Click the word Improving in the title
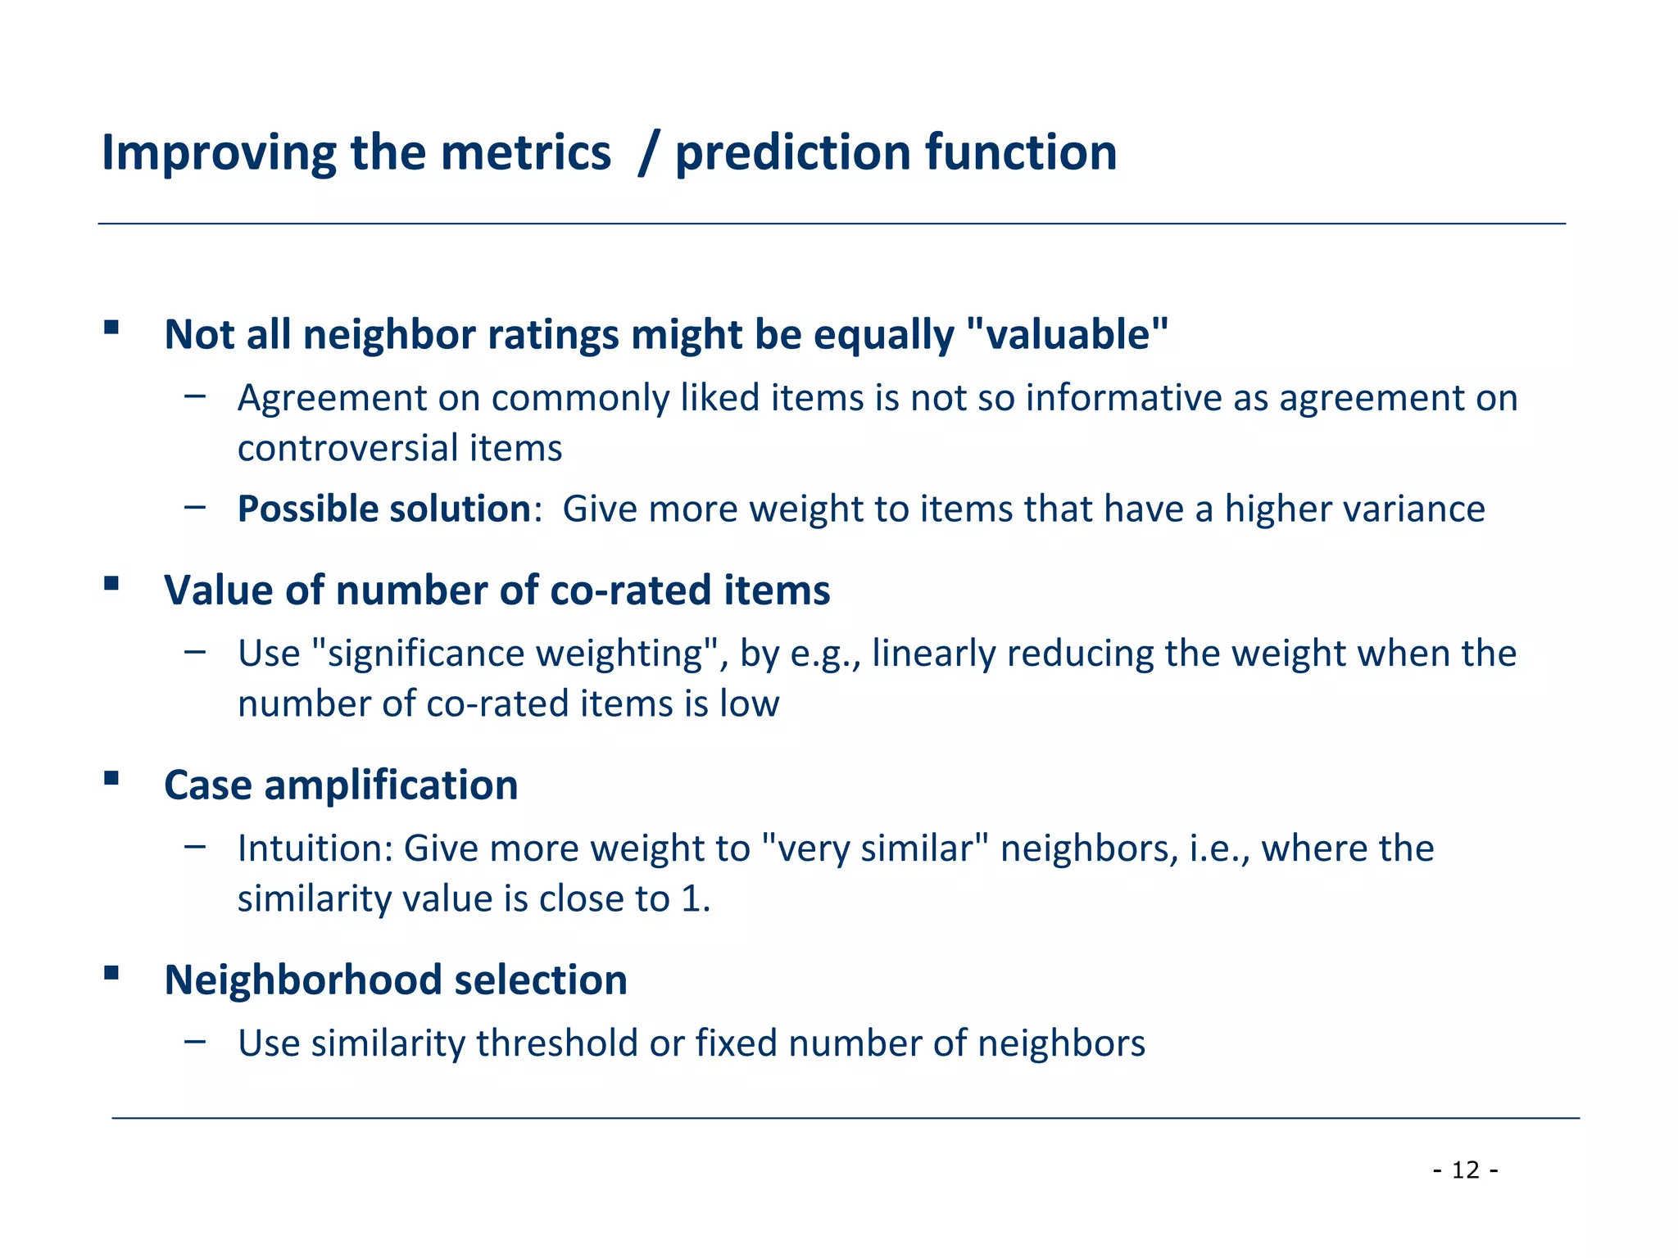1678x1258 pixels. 217,153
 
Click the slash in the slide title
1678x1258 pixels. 647,153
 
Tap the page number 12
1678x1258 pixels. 1466,1170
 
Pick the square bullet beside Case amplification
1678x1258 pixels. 111,777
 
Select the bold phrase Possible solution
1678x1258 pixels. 384,509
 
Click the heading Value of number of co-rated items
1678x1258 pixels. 497,590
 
